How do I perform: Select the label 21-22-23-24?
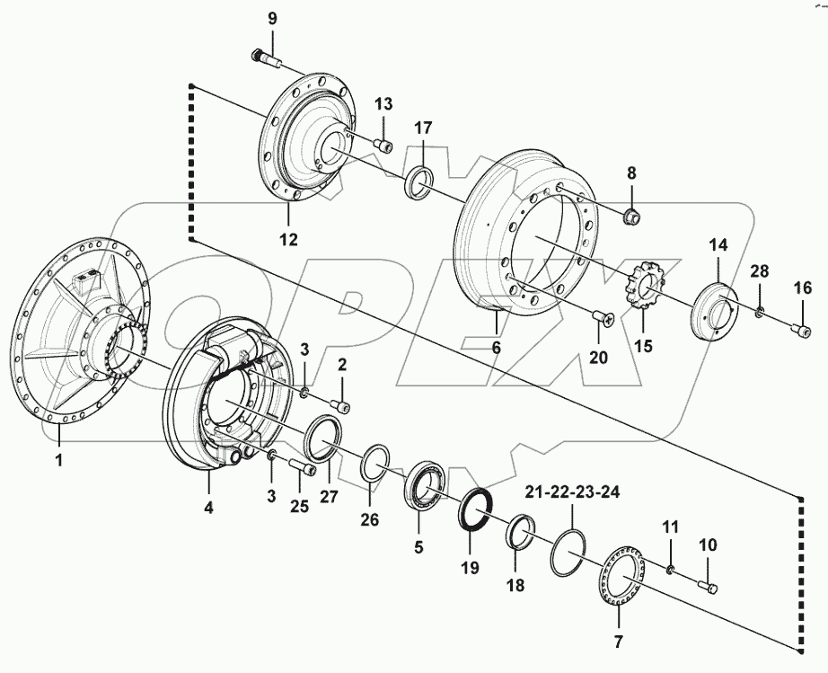coord(573,491)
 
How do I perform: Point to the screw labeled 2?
coord(340,404)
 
